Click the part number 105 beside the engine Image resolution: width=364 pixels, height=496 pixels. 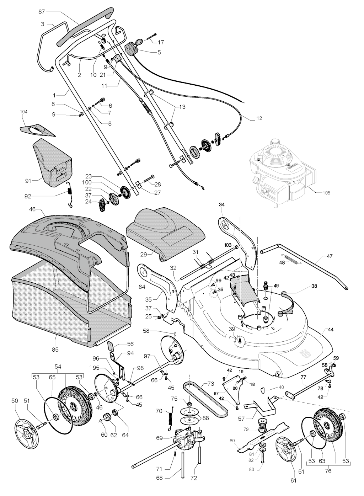(x=326, y=193)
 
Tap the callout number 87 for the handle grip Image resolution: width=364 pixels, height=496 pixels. (x=42, y=12)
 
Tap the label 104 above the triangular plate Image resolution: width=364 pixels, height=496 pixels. (x=24, y=112)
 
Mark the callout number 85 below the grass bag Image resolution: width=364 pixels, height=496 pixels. (x=55, y=350)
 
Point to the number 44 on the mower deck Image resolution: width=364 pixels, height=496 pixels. (x=331, y=330)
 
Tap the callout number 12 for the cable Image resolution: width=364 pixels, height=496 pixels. (x=259, y=118)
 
